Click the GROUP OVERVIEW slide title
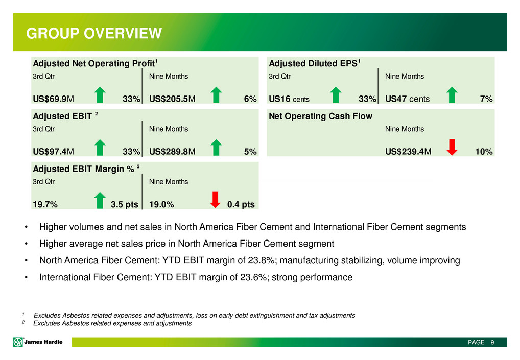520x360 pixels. [x=94, y=33]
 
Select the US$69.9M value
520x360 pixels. [x=53, y=99]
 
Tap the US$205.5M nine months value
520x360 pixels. [x=172, y=99]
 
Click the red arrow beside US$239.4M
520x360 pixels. [x=452, y=147]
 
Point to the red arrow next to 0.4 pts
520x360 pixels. [x=215, y=200]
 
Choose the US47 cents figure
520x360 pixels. [x=407, y=99]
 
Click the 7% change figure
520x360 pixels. [x=486, y=99]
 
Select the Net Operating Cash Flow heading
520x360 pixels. [x=320, y=116]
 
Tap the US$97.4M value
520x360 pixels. [x=53, y=152]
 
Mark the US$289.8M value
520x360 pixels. [x=172, y=152]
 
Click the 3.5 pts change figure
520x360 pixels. [x=124, y=204]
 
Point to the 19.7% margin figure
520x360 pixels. [x=45, y=204]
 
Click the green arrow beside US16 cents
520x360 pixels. [x=336, y=95]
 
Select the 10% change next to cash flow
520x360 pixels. [x=484, y=152]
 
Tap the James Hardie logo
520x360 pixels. [x=37, y=342]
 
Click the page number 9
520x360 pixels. [x=492, y=342]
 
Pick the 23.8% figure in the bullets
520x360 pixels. [x=262, y=260]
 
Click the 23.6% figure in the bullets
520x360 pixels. [x=254, y=277]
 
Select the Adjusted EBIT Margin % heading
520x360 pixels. [x=86, y=169]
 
